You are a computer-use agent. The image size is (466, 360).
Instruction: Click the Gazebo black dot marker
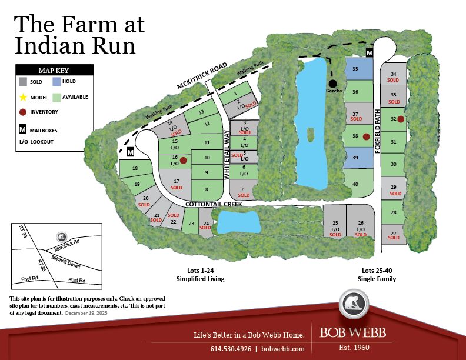(x=332, y=84)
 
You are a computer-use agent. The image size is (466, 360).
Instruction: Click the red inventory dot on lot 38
(x=366, y=136)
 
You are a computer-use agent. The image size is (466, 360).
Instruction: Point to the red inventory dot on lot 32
(x=400, y=119)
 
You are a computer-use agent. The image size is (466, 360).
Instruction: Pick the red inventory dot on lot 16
(x=183, y=160)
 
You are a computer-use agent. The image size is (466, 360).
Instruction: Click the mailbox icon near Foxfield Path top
(x=370, y=53)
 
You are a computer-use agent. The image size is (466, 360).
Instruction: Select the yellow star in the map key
(x=23, y=97)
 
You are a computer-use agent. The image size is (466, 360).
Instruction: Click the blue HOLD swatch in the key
(x=56, y=82)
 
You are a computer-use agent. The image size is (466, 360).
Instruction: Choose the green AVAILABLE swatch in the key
(x=56, y=97)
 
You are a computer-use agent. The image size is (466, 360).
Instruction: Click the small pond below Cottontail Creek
(x=239, y=222)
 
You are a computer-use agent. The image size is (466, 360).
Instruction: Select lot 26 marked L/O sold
(x=360, y=226)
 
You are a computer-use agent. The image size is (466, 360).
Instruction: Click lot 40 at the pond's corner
(x=357, y=184)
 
